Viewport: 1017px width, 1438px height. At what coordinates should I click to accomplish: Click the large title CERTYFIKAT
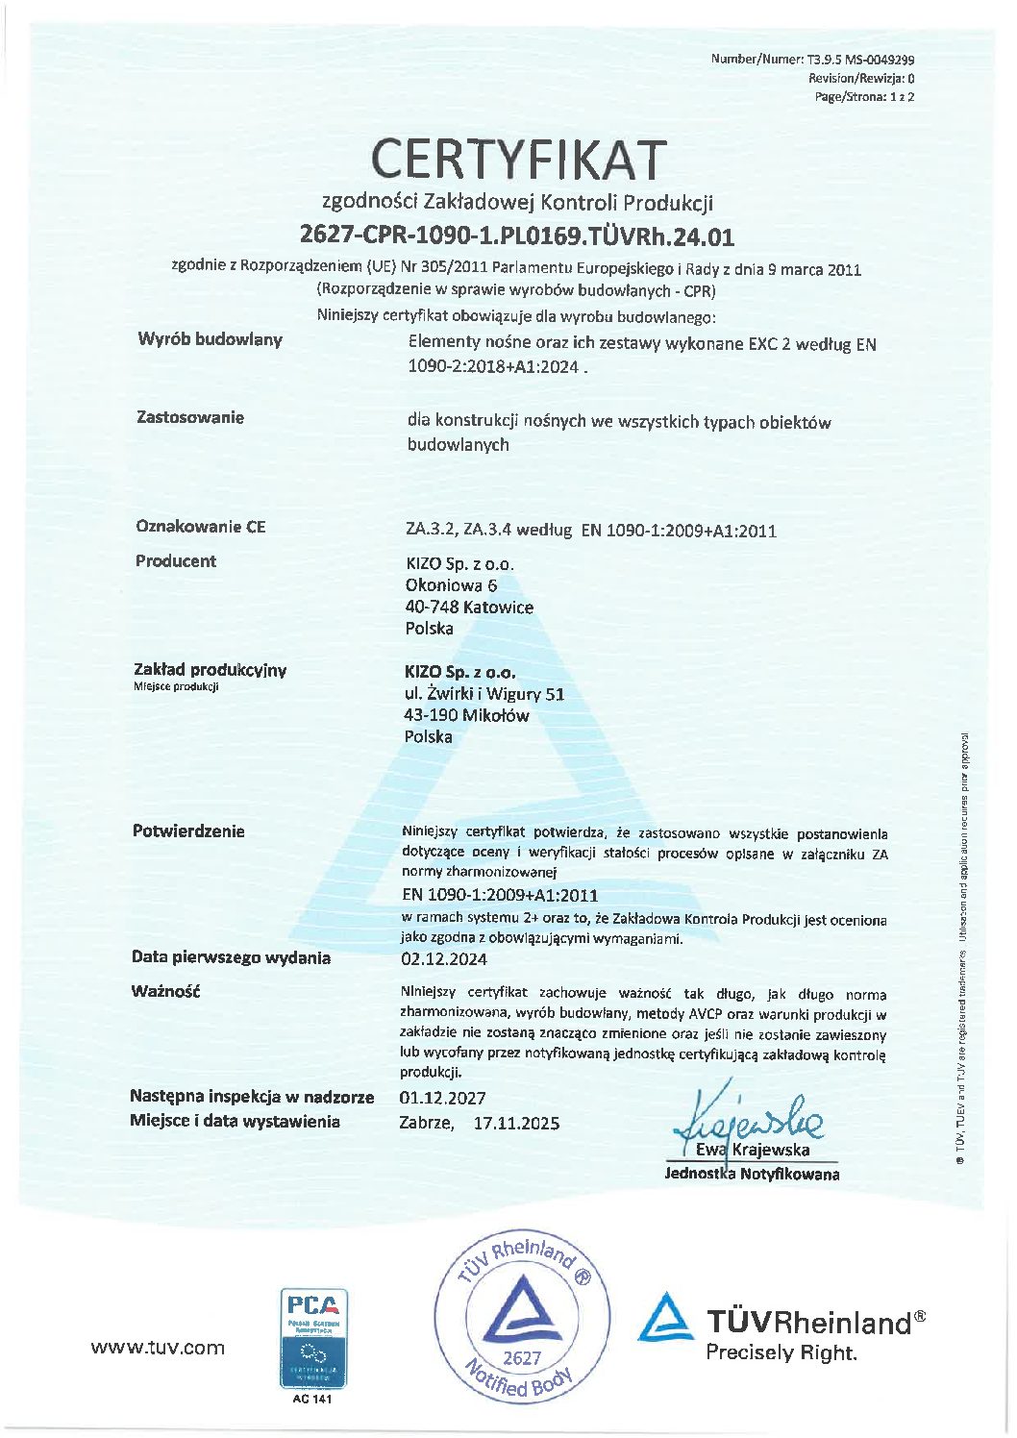click(x=518, y=160)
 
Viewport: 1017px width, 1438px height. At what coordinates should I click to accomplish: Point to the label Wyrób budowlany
click(x=211, y=339)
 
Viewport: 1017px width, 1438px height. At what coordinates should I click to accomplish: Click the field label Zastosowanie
click(x=190, y=417)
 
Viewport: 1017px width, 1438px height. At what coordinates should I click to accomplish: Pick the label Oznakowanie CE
click(x=200, y=527)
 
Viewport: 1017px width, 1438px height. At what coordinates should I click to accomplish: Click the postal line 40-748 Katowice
click(x=469, y=607)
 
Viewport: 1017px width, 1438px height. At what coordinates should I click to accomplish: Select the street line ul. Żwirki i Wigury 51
click(x=484, y=694)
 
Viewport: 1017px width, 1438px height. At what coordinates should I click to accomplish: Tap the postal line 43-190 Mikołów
click(x=466, y=715)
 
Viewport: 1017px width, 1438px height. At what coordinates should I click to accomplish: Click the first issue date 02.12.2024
click(x=443, y=959)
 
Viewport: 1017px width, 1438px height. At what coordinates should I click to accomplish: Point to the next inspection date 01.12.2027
click(x=442, y=1098)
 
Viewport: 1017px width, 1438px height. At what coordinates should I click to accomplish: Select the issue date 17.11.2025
click(x=516, y=1123)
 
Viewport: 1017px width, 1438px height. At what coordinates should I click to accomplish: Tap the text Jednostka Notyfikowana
click(x=752, y=1174)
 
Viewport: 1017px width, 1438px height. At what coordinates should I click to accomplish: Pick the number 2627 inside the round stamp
click(x=522, y=1358)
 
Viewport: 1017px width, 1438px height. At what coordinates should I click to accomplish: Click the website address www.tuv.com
click(x=158, y=1348)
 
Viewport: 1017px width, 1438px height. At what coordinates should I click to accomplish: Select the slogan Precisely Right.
click(x=781, y=1353)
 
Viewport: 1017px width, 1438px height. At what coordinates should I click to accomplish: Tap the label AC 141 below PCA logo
click(x=312, y=1399)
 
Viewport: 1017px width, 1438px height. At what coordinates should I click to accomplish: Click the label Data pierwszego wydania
click(x=231, y=957)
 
